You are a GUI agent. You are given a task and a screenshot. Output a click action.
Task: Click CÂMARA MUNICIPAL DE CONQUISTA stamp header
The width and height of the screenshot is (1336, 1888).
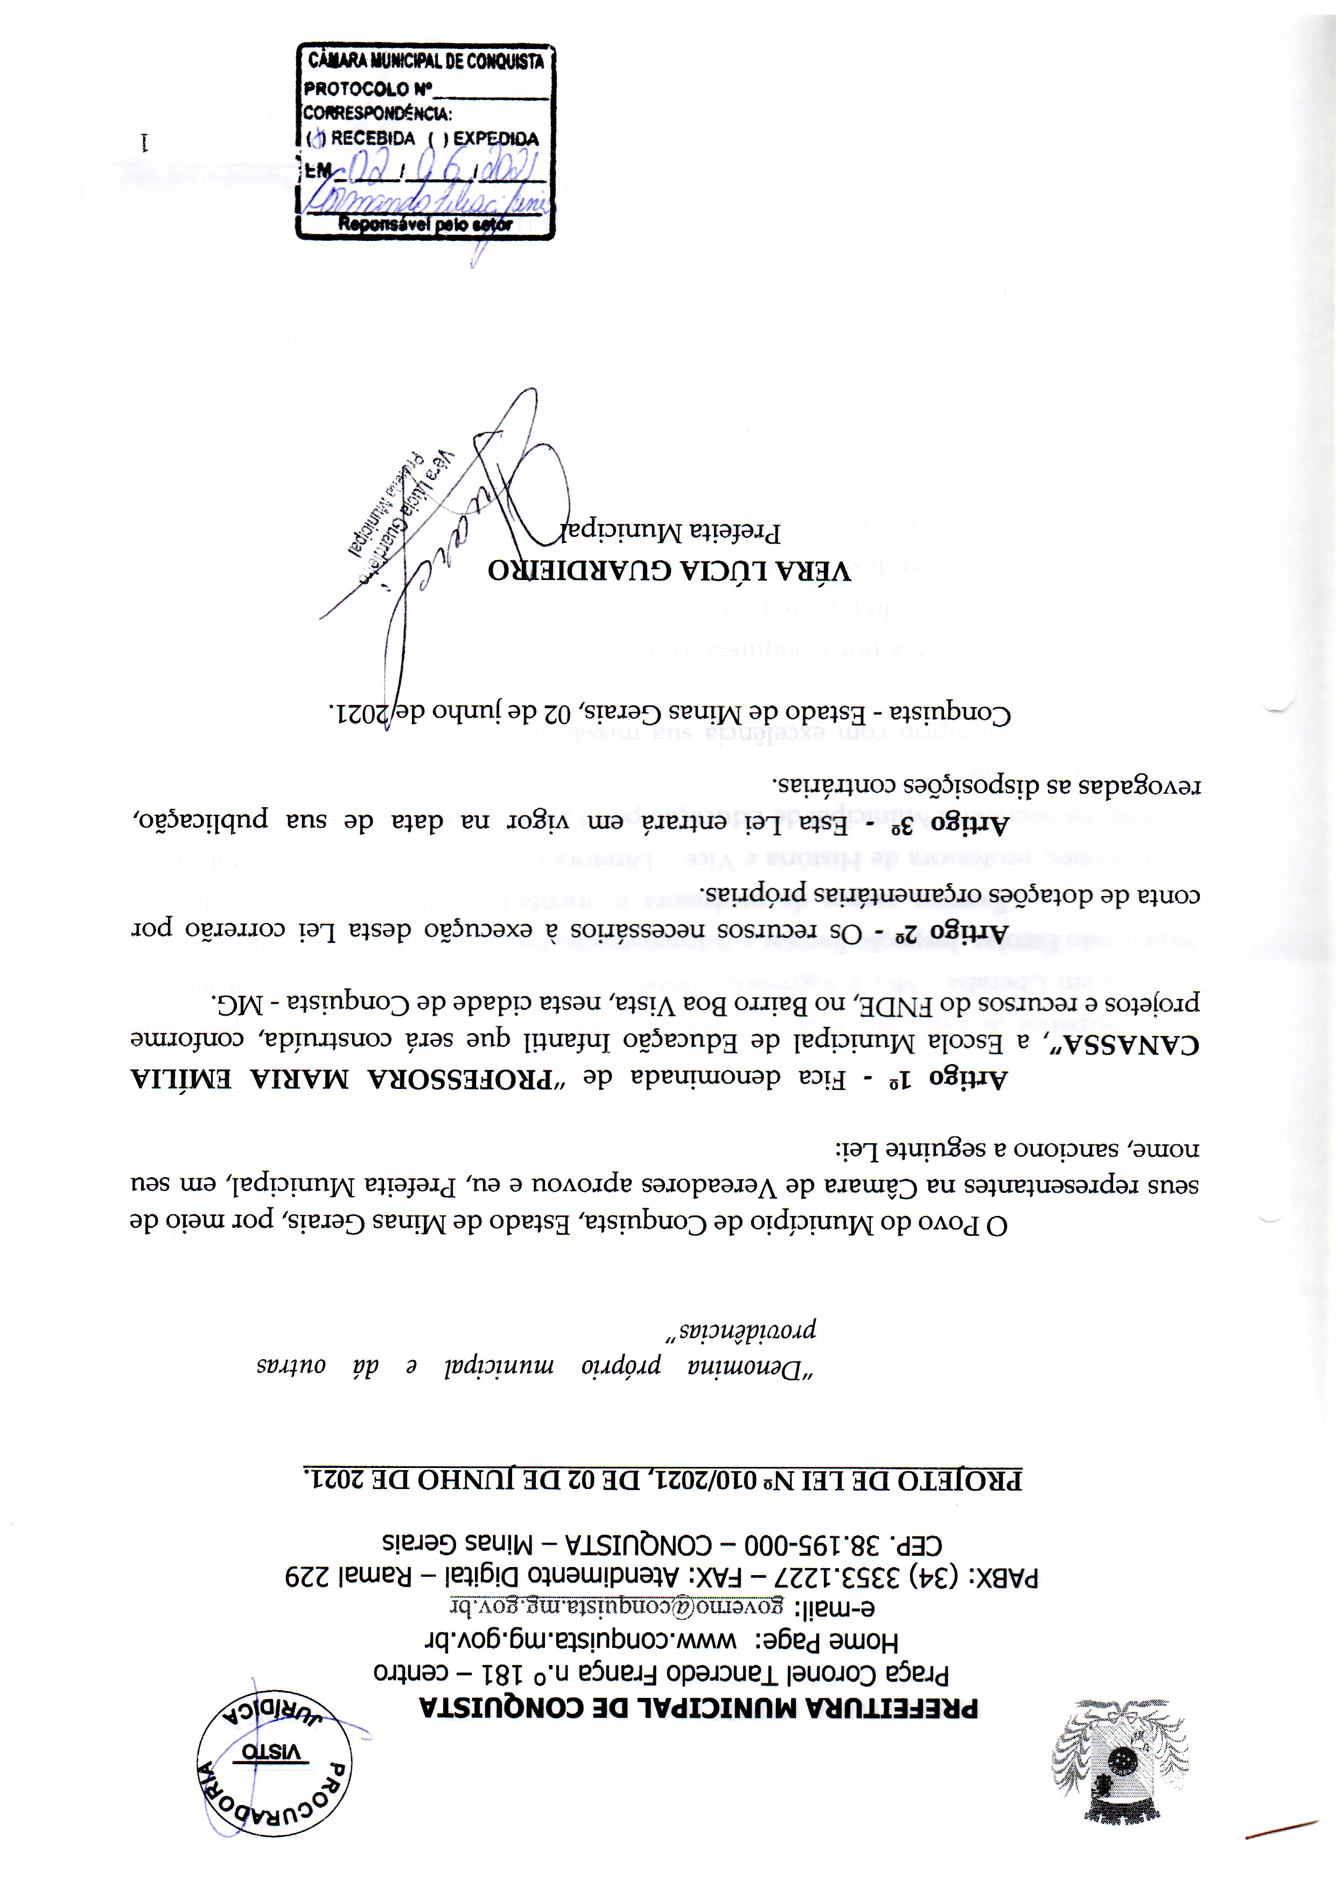(x=425, y=61)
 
